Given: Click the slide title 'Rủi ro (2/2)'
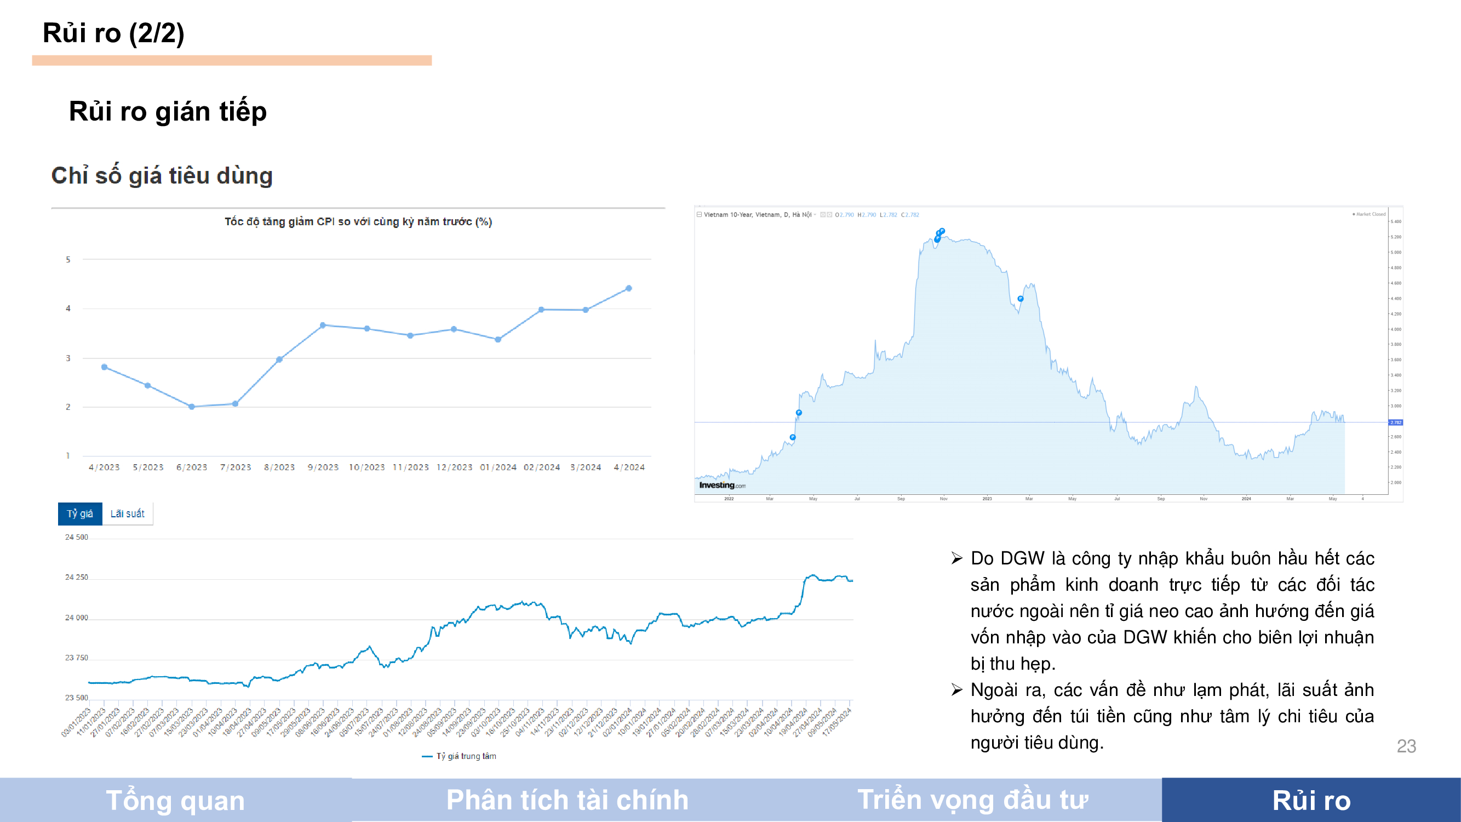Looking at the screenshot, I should pos(113,33).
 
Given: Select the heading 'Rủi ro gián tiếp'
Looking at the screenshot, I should pos(168,111).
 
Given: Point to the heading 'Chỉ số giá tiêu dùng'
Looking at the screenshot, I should pos(162,176).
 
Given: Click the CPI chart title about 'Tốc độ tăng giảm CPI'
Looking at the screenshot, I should pos(358,222).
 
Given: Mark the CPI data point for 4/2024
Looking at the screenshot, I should pos(628,288).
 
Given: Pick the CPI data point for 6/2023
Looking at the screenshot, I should pos(192,407).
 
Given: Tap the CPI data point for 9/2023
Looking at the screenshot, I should pos(323,325).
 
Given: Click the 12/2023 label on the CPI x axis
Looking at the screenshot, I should pos(454,467).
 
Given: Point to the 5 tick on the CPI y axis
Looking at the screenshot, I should pos(68,260).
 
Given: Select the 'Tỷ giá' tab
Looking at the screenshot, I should pos(80,514).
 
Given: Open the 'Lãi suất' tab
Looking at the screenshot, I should pos(128,514).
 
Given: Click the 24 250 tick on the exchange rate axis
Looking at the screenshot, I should pos(77,578).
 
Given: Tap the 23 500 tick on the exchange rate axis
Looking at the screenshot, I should pos(77,698).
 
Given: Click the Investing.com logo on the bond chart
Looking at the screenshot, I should pos(722,486).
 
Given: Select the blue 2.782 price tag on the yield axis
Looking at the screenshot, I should pos(1395,423).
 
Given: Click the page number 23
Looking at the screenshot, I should pos(1406,746).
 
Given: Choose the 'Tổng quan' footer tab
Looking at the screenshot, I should pos(175,801).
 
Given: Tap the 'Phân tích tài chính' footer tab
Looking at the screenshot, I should pos(567,801).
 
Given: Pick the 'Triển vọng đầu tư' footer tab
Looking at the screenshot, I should pos(973,801).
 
